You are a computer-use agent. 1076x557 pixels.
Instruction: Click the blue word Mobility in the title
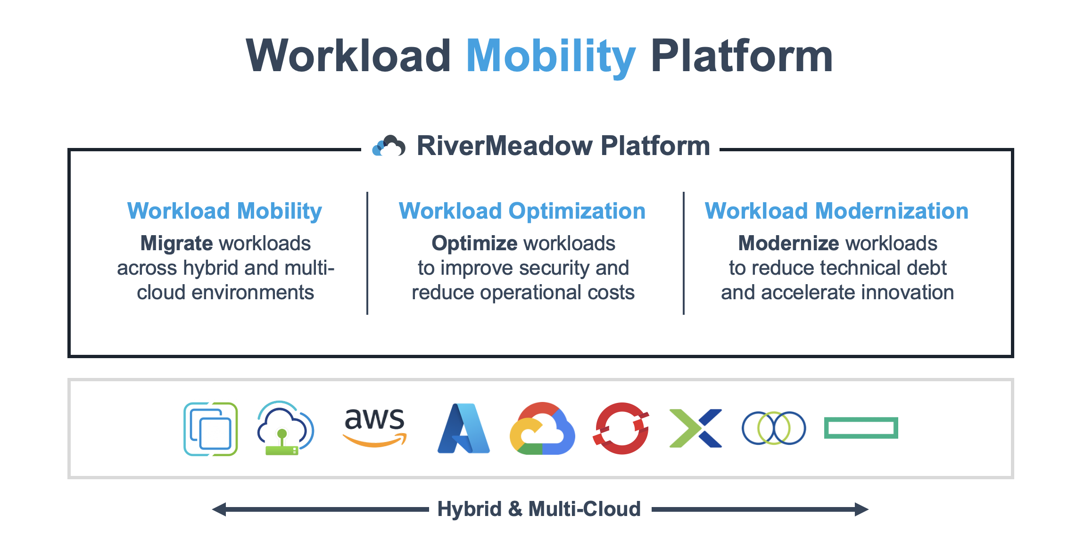[x=551, y=57]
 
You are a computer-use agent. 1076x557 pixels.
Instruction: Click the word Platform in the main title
[x=741, y=57]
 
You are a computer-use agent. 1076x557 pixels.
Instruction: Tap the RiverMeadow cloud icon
[x=389, y=146]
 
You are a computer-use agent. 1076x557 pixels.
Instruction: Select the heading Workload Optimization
[x=522, y=211]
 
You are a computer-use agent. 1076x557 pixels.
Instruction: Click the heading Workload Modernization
[x=836, y=211]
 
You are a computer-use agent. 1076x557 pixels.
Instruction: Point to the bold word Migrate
[x=176, y=244]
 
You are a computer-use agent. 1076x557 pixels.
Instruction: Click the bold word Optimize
[x=474, y=244]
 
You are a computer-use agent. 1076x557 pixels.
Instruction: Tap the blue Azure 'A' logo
[x=464, y=428]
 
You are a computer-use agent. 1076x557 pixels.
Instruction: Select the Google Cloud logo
[x=542, y=428]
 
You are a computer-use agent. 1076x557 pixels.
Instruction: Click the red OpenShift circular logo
[x=621, y=428]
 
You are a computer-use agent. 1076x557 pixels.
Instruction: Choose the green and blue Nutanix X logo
[x=695, y=428]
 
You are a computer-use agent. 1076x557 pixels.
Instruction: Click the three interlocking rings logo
[x=774, y=428]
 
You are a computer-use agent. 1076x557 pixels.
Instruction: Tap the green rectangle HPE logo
[x=861, y=428]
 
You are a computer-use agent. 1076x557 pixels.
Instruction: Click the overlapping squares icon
[x=210, y=429]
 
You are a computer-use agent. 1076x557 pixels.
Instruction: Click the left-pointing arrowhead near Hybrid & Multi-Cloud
[x=219, y=509]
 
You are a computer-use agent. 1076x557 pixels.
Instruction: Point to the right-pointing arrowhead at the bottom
[x=861, y=509]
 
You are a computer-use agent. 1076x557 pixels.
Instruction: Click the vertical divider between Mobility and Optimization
[x=367, y=253]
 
